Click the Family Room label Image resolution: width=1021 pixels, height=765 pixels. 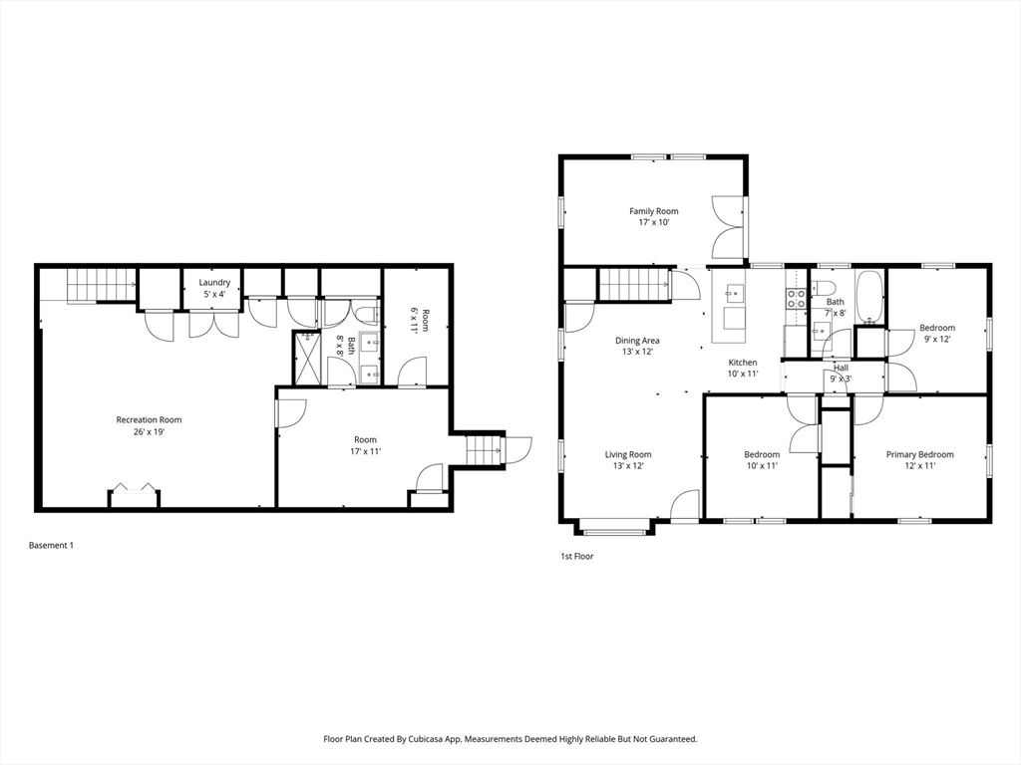point(653,211)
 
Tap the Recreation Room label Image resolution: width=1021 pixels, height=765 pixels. point(149,419)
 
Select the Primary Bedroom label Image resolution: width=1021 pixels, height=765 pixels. point(919,454)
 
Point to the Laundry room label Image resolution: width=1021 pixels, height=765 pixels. point(214,282)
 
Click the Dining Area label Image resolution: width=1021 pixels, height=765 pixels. point(637,341)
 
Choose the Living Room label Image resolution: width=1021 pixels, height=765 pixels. point(628,454)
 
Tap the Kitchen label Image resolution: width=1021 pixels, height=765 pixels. point(742,363)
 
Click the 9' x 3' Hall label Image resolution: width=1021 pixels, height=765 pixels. point(841,373)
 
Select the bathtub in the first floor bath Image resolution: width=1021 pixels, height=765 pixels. point(869,297)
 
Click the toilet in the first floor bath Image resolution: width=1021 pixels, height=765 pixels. point(822,287)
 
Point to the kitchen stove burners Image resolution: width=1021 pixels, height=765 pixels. point(795,299)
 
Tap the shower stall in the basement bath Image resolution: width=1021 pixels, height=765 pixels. point(307,358)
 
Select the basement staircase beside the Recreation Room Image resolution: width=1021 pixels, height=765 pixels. point(101,285)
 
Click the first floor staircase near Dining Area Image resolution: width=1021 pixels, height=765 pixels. point(634,285)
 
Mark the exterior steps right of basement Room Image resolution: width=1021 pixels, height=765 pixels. point(483,449)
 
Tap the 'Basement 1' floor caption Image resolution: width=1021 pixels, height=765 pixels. point(51,545)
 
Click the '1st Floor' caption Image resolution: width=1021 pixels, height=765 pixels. point(577,556)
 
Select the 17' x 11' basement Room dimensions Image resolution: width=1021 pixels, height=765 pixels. point(365,451)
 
